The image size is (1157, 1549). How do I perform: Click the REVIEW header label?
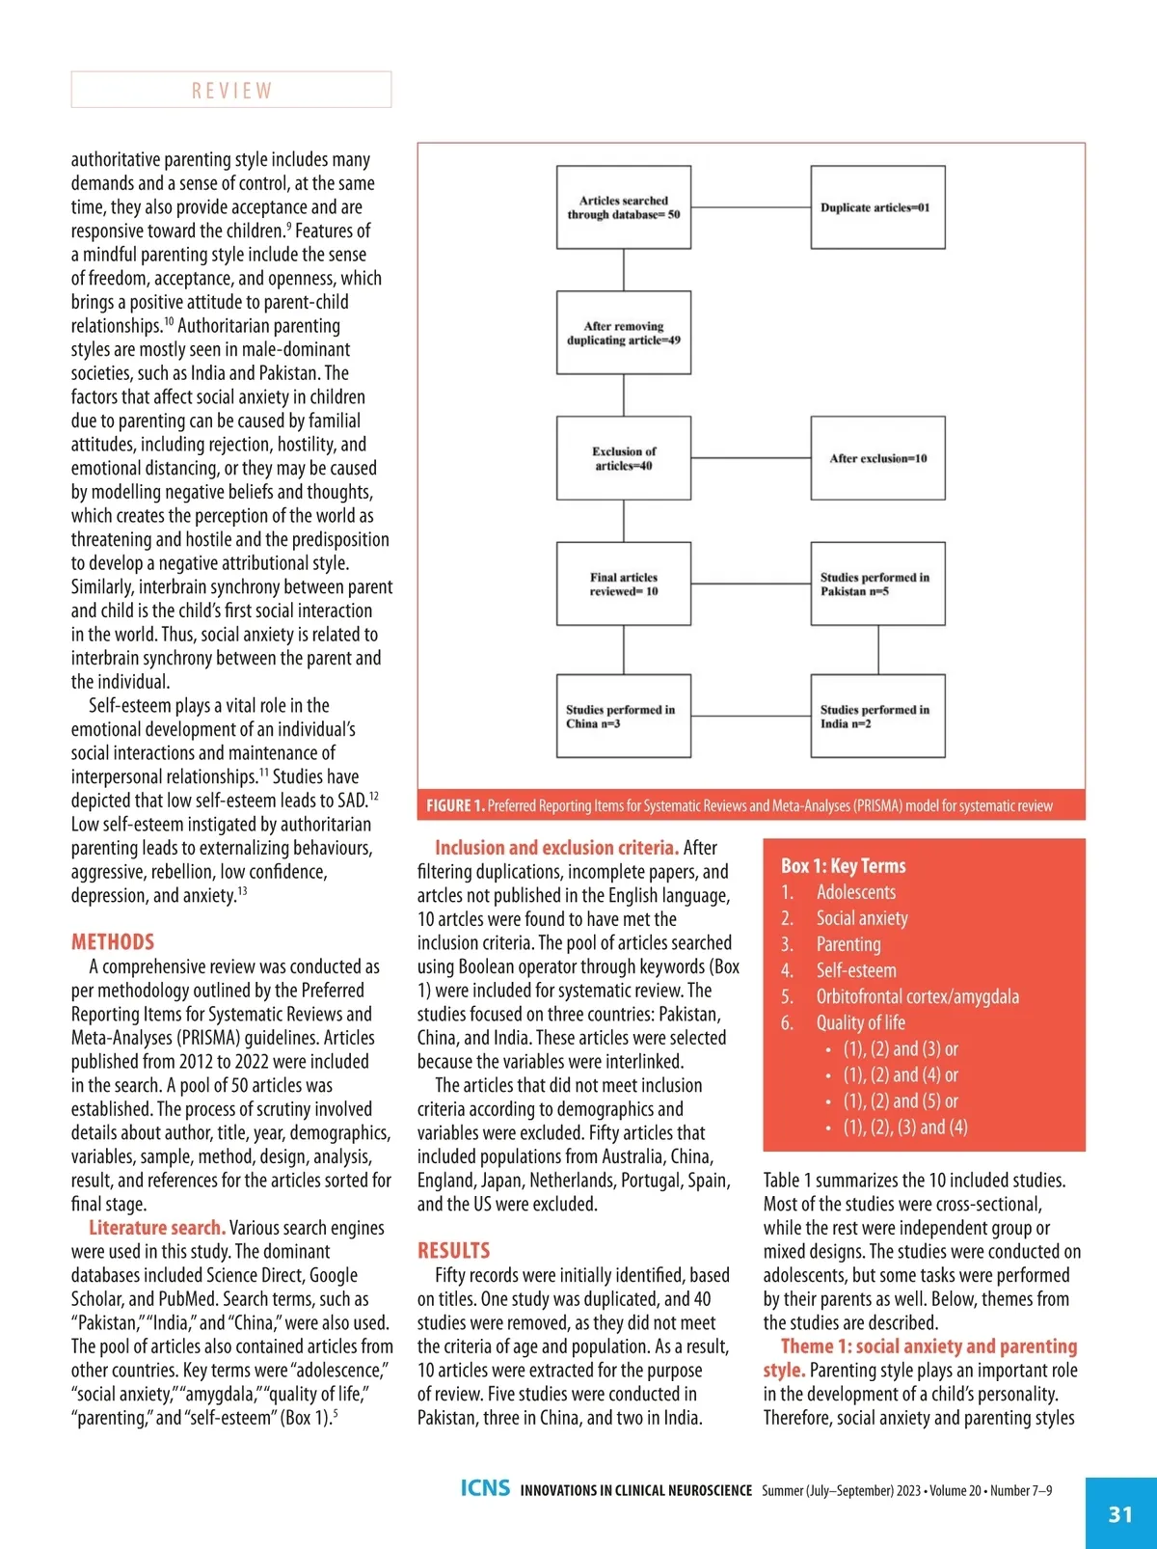coord(231,91)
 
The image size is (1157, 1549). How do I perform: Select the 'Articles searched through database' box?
coord(624,207)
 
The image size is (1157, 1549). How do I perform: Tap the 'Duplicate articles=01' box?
coord(877,207)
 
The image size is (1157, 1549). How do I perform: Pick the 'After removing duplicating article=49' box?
coord(624,333)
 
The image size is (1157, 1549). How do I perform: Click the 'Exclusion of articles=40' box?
coord(624,458)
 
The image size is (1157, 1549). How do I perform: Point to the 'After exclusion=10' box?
coord(877,458)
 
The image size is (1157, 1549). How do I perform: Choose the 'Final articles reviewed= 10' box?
coord(624,584)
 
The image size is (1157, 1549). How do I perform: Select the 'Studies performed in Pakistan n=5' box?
coord(877,584)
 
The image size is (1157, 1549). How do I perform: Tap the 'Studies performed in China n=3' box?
coord(624,716)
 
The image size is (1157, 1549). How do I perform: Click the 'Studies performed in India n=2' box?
coord(877,716)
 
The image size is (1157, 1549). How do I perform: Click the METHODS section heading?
coord(113,942)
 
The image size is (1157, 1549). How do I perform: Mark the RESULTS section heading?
coord(453,1251)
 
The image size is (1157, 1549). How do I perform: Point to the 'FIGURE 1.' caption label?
coord(455,805)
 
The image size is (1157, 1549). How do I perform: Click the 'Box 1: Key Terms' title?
coord(843,866)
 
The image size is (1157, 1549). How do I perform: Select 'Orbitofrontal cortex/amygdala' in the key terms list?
coord(917,996)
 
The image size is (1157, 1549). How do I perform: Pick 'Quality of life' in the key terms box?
coord(860,1022)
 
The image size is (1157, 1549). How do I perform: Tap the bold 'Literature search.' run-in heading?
coord(157,1228)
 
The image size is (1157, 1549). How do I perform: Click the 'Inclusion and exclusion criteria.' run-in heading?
coord(556,848)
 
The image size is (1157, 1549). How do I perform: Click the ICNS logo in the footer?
coord(485,1488)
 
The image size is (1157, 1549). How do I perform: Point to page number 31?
coord(1120,1514)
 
